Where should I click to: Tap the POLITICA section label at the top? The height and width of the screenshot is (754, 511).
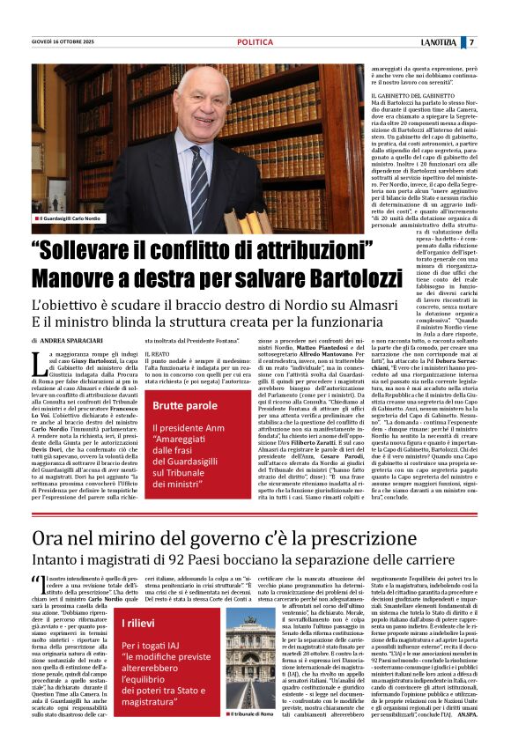(255, 42)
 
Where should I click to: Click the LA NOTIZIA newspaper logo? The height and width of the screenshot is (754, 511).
(440, 42)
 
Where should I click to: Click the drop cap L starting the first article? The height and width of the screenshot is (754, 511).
(36, 361)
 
